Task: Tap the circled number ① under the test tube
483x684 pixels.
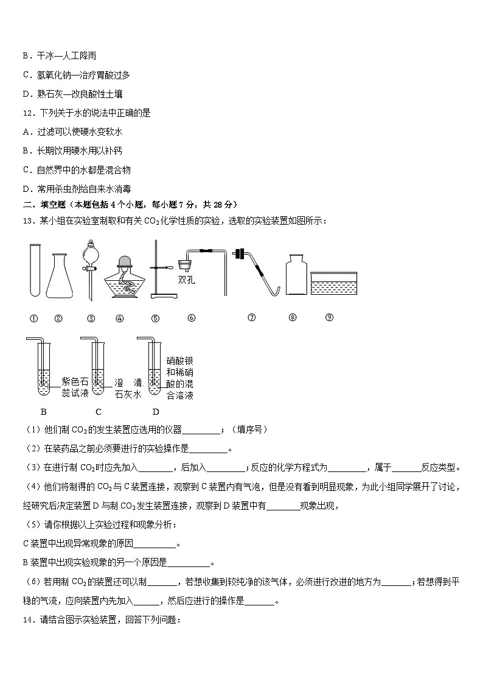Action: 34,318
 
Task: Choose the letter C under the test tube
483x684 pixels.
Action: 98,412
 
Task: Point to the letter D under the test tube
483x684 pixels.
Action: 156,412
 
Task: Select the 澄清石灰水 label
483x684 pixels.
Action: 128,388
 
